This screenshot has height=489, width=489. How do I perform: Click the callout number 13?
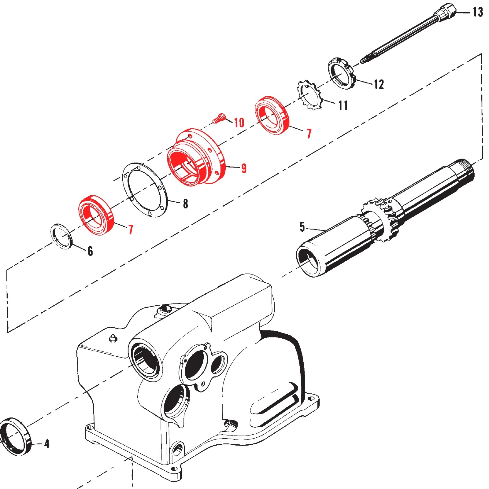(478, 12)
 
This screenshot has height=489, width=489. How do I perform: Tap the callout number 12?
(379, 84)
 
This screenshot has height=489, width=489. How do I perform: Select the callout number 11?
(343, 105)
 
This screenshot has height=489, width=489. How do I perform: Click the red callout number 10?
(239, 123)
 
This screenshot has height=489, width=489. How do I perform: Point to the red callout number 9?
(244, 168)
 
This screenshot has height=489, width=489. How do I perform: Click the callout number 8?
(185, 204)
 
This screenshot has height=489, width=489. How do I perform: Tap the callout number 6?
(90, 251)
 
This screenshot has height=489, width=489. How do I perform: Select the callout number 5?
(302, 227)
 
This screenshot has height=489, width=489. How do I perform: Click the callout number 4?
(46, 444)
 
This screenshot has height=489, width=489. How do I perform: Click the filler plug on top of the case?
(165, 309)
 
